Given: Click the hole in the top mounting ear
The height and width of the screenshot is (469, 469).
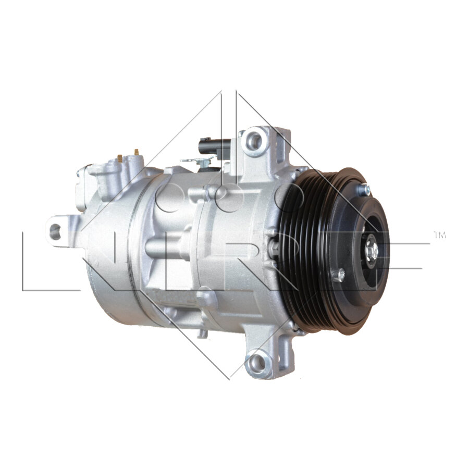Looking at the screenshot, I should [253, 139].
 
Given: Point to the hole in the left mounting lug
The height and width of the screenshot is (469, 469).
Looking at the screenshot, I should [54, 229].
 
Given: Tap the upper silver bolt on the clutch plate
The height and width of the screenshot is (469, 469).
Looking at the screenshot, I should [366, 190].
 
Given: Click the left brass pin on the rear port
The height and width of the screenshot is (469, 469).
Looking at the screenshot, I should [120, 156].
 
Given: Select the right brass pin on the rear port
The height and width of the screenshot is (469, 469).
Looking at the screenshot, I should [137, 152].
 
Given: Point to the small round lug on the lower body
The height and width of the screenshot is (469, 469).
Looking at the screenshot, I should [205, 297].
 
